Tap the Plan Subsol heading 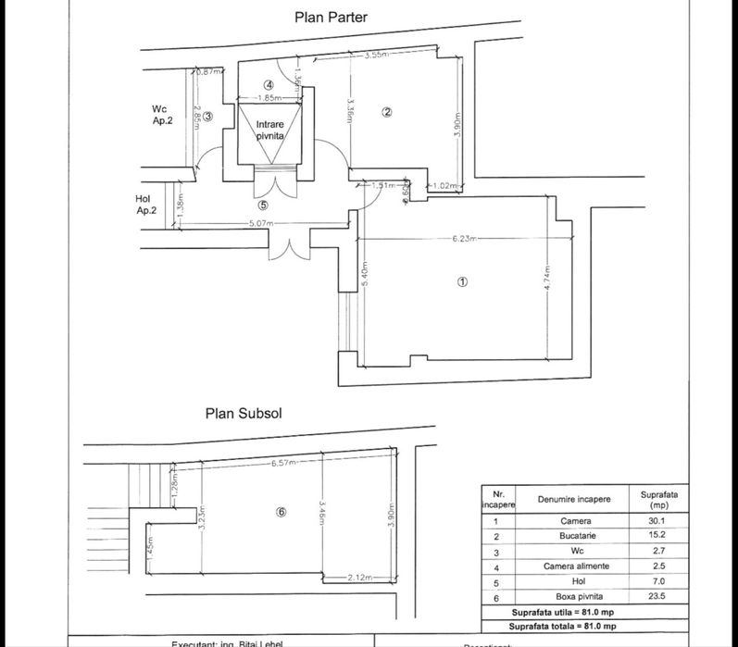point(244,414)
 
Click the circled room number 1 point(464,282)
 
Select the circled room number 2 point(388,112)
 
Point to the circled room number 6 point(281,512)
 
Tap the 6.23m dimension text point(464,239)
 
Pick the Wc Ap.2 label point(162,114)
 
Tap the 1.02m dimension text point(446,186)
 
